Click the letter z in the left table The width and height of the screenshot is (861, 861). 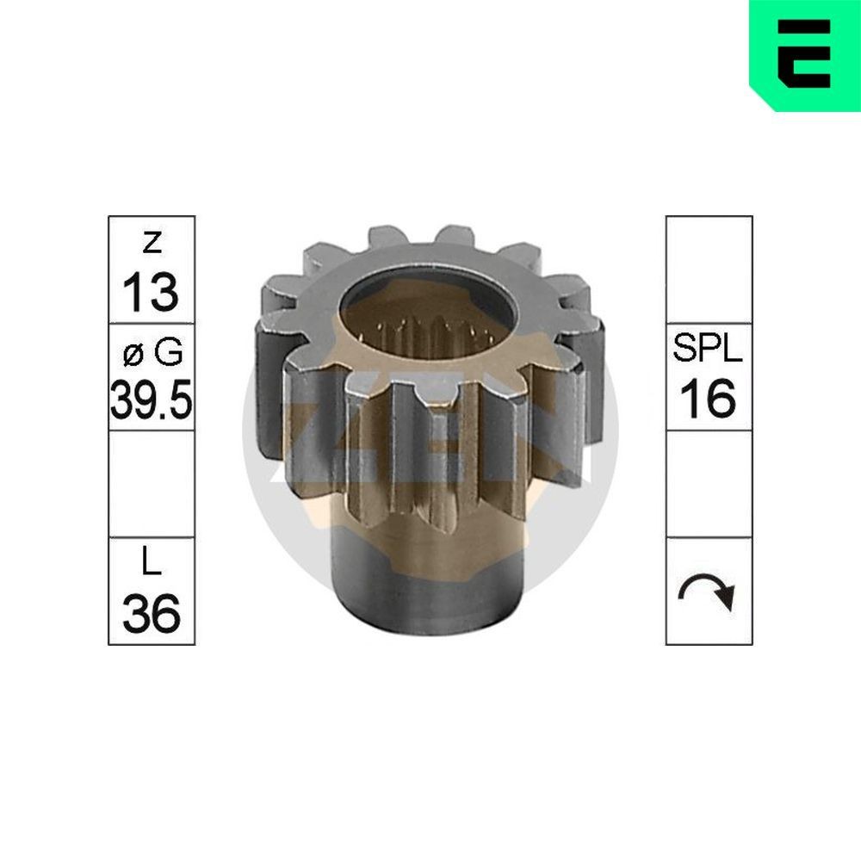152,245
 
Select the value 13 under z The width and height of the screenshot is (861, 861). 151,292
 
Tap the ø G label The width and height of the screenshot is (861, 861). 152,353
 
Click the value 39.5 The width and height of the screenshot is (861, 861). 152,399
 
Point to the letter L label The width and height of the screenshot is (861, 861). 152,565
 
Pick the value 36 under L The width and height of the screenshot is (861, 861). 152,613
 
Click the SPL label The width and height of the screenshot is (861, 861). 709,351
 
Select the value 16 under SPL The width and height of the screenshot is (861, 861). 709,398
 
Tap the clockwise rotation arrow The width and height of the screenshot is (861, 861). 709,592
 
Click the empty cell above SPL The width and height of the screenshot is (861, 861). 709,269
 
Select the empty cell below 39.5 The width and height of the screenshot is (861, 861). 152,484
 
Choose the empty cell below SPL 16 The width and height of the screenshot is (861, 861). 709,484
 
